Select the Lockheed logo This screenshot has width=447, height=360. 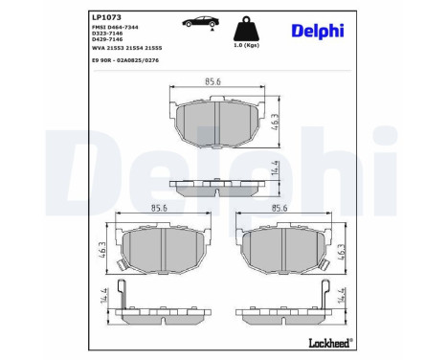330,341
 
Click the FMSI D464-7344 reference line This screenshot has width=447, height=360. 117,28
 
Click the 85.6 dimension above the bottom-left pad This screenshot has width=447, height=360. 159,208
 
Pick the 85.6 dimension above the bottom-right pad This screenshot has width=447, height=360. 280,208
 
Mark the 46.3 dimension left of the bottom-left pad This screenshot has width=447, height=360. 101,249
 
